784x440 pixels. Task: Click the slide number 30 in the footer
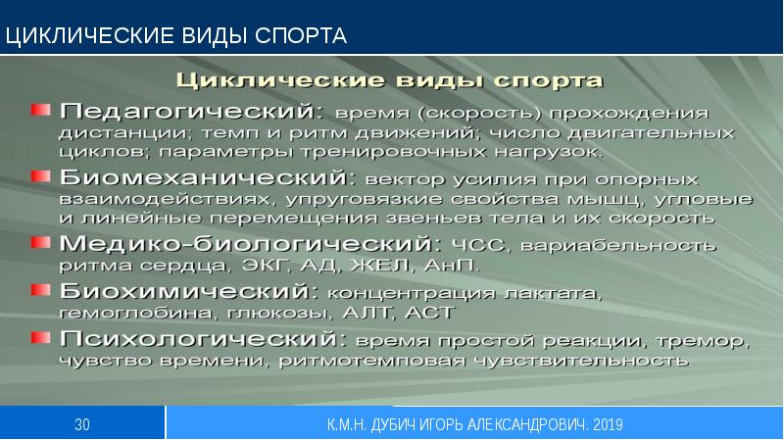[x=82, y=423]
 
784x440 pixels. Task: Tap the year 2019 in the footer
[x=607, y=423]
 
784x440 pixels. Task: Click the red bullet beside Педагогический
[x=39, y=108]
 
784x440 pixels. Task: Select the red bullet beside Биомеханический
[x=39, y=177]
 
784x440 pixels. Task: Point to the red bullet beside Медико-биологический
[x=39, y=242]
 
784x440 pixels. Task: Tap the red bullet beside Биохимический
[x=39, y=291]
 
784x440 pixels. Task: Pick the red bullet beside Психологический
[x=39, y=338]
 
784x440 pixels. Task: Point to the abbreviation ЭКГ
[x=280, y=266]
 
